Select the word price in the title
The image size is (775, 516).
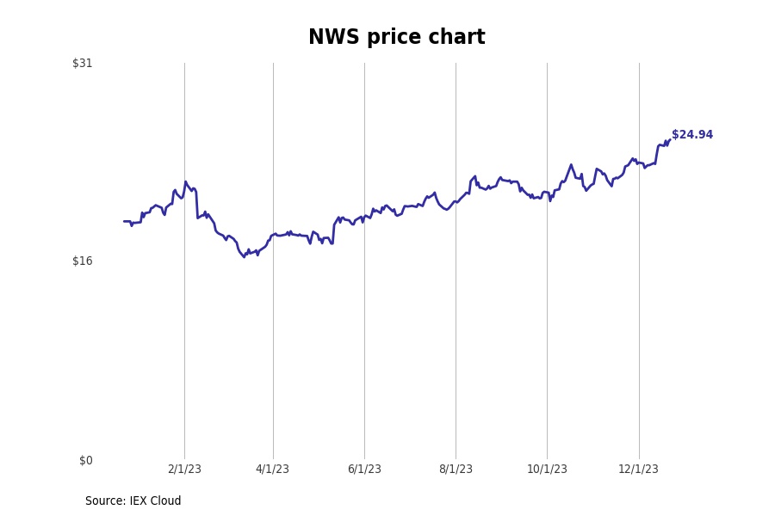click(x=390, y=38)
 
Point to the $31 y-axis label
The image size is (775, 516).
click(x=83, y=63)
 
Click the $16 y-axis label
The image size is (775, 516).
click(x=83, y=261)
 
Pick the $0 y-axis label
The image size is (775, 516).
click(x=85, y=460)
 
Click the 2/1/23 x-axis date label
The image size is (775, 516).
click(x=184, y=469)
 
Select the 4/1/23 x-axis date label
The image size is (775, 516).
click(x=273, y=469)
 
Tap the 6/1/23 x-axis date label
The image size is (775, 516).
click(x=364, y=469)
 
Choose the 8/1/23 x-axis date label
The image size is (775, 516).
click(x=456, y=469)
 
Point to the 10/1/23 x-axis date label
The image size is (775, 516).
click(x=547, y=469)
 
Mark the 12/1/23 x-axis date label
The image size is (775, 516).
click(x=639, y=469)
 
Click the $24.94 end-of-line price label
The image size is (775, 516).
click(x=692, y=135)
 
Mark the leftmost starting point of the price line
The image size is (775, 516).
click(x=124, y=221)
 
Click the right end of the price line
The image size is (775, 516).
click(x=669, y=140)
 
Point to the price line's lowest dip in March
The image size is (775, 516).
click(x=244, y=256)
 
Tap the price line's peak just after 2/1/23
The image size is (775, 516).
click(x=186, y=181)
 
